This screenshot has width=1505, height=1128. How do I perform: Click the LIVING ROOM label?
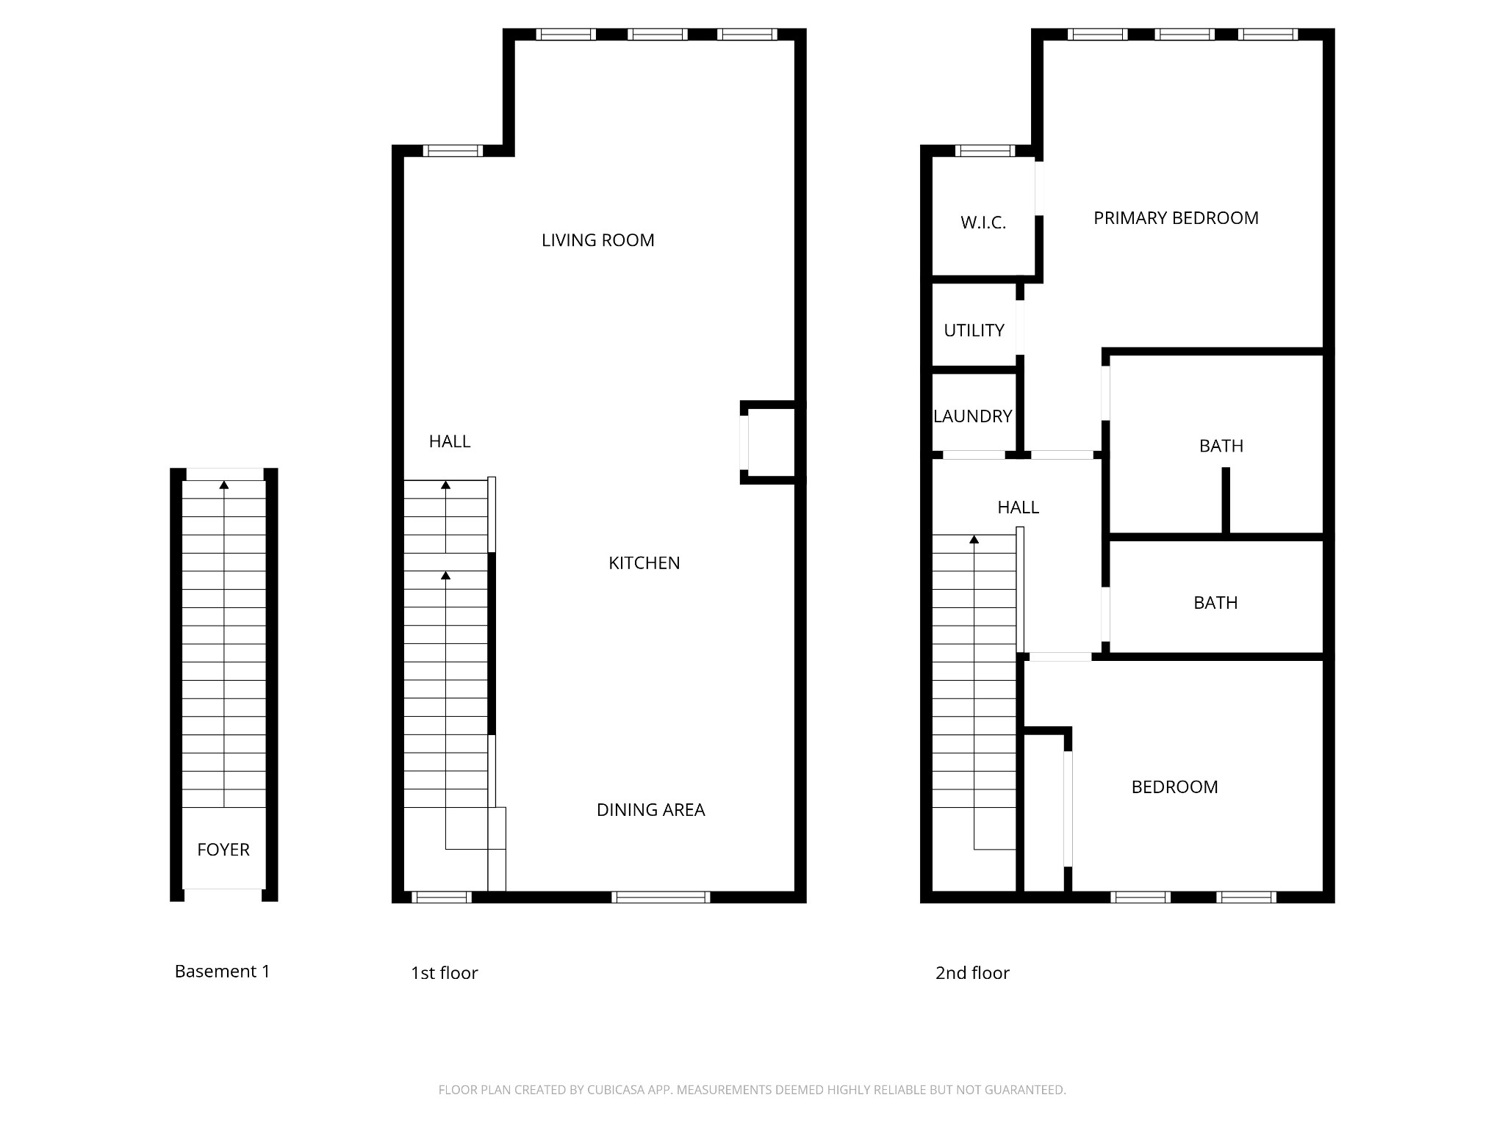point(597,240)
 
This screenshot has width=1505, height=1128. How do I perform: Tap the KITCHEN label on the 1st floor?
point(644,563)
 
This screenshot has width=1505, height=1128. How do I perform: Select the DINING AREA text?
point(650,810)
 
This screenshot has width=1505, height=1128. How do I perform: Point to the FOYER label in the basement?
point(223,850)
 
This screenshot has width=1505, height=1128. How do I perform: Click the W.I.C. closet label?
point(983,223)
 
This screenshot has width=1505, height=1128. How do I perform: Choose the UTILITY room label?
point(974,330)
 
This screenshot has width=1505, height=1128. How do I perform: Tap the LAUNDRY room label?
point(972,416)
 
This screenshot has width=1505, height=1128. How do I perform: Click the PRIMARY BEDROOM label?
point(1176,218)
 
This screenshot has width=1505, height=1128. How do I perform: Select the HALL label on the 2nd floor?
point(1018,507)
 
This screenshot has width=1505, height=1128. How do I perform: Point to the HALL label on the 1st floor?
point(449,441)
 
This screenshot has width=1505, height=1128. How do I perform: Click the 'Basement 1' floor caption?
point(222,972)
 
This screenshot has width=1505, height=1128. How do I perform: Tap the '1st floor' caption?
point(444,973)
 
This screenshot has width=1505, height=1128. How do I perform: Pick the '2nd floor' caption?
point(972,973)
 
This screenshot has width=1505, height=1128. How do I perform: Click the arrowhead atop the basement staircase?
point(224,485)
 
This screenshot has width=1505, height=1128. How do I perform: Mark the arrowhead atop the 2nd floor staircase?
point(974,540)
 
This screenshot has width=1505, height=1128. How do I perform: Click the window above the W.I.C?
point(985,151)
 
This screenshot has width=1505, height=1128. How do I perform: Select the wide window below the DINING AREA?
point(661,897)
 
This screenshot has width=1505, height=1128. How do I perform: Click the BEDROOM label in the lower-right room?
point(1174,787)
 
